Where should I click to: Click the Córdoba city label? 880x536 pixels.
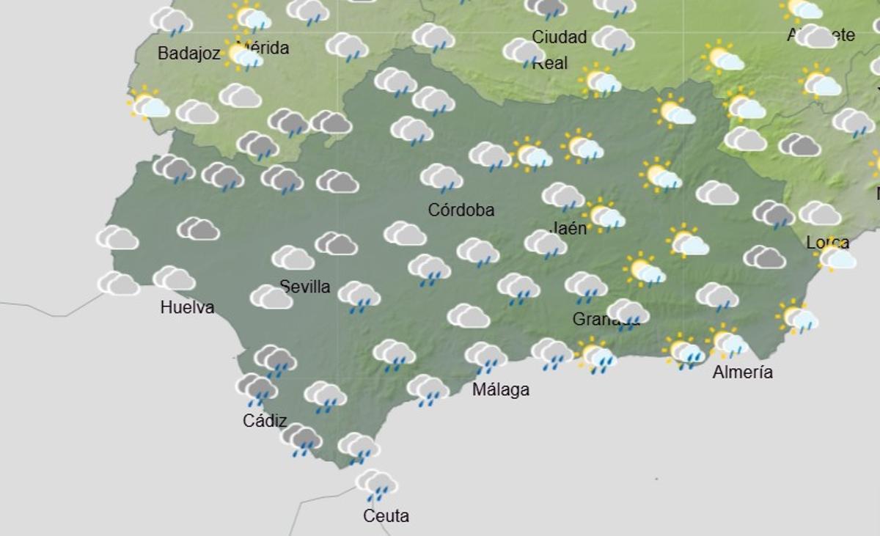(x=461, y=210)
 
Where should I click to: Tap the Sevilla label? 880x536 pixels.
(x=305, y=287)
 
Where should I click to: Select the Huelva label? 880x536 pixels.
(x=187, y=307)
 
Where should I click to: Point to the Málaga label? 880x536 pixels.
(x=501, y=389)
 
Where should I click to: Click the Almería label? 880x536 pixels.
(x=743, y=372)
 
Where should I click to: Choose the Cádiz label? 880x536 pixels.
(x=265, y=422)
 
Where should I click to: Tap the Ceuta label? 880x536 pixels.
(x=386, y=516)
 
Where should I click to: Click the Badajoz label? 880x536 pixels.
(x=189, y=54)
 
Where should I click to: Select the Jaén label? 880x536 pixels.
(x=568, y=228)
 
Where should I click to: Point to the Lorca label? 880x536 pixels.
(x=828, y=243)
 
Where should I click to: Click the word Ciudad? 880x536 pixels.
(x=560, y=37)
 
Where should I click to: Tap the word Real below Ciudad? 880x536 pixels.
(x=550, y=63)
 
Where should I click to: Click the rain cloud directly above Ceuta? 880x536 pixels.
(x=376, y=485)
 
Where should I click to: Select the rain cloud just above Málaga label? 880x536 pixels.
(x=485, y=357)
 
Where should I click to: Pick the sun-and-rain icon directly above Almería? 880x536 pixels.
(x=727, y=343)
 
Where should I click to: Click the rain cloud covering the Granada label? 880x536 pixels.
(x=628, y=314)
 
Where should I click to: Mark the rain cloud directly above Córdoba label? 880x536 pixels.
(x=441, y=178)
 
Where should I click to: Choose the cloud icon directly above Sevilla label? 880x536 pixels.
(x=293, y=258)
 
